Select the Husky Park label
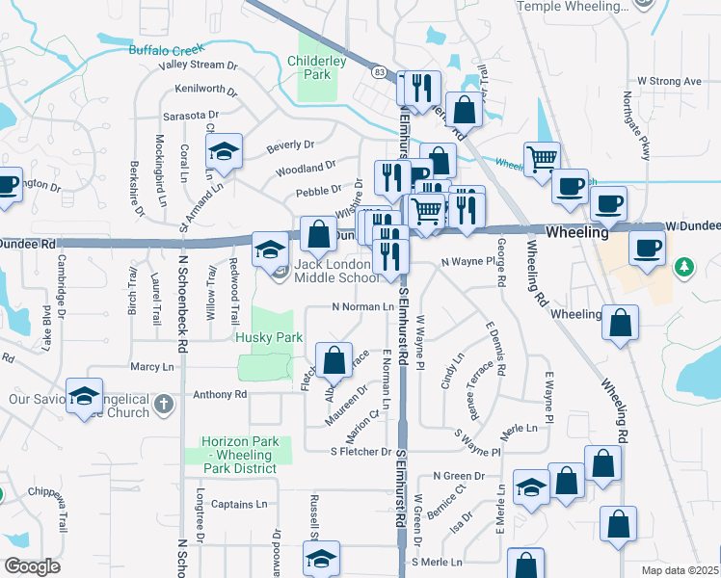point(269,337)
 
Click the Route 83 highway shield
point(379,72)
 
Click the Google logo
point(31,566)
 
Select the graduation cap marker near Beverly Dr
point(224,152)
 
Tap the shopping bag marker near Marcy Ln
point(334,361)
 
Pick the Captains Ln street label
point(239,504)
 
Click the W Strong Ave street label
point(669,82)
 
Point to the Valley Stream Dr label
point(199,66)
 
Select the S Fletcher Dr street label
point(361,451)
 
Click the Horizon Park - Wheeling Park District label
point(240,455)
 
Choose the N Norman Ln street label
point(362,307)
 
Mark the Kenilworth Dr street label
point(206,90)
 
